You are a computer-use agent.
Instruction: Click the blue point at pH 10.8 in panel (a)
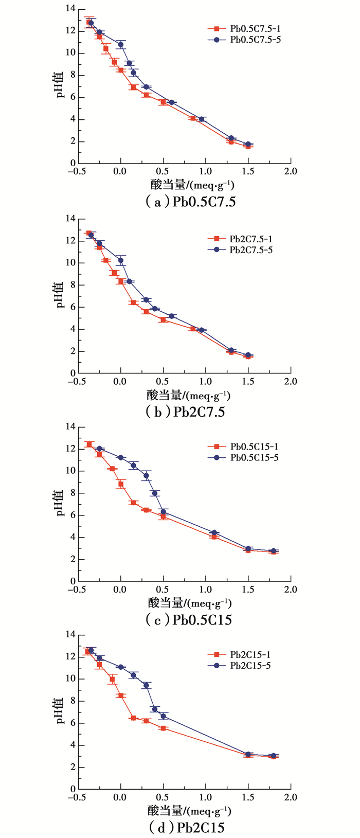(121, 45)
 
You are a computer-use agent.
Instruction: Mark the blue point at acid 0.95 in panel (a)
(202, 119)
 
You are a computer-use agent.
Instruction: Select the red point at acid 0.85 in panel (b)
(193, 329)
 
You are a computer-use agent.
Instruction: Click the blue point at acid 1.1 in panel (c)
(214, 533)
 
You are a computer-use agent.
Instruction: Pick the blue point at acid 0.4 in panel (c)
(155, 493)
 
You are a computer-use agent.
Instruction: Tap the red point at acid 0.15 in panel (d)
(134, 718)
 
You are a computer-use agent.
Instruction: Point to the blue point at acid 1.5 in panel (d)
(248, 754)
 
